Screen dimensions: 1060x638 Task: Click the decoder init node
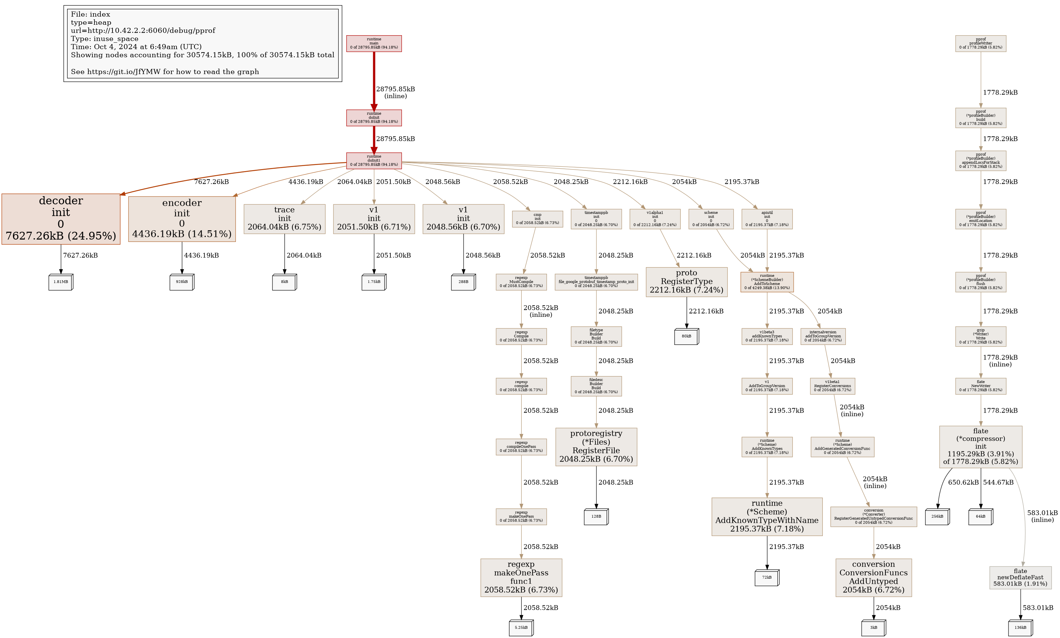(x=61, y=219)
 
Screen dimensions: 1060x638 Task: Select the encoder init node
(x=182, y=219)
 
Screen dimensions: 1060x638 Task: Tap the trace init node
(x=284, y=219)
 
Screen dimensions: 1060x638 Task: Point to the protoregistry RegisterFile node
(x=596, y=447)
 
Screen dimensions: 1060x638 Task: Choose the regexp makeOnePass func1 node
(x=521, y=577)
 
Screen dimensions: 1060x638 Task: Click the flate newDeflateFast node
(x=1020, y=577)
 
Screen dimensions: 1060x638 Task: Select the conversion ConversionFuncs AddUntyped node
(x=873, y=577)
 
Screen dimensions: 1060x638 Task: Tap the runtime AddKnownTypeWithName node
(x=767, y=516)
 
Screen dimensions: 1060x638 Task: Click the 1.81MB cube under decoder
(x=61, y=282)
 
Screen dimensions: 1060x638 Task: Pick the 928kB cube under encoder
(x=182, y=282)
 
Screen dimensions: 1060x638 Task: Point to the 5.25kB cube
(x=521, y=628)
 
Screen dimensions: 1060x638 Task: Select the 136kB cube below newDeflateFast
(x=1020, y=628)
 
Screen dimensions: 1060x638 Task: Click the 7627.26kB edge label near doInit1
(x=211, y=182)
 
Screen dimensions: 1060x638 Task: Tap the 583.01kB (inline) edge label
(x=1042, y=516)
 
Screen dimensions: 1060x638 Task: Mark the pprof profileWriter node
(x=980, y=43)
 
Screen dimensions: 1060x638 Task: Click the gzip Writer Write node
(x=980, y=336)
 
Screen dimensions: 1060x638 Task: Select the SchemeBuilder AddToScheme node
(x=767, y=282)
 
